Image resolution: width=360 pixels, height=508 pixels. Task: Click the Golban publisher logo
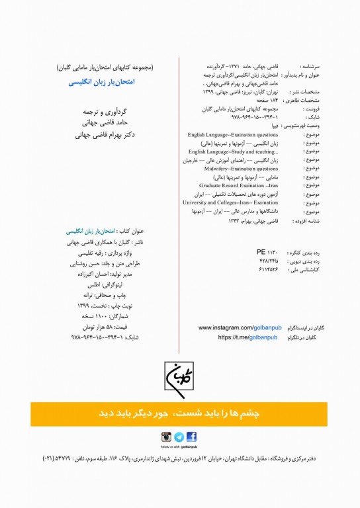pos(179,379)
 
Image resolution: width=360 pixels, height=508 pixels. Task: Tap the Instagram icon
pos(167,437)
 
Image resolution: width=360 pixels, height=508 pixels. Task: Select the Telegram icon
pos(179,437)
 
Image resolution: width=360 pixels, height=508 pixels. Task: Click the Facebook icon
pos(192,437)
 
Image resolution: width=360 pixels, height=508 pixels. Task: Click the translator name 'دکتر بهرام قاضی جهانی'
pos(100,134)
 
